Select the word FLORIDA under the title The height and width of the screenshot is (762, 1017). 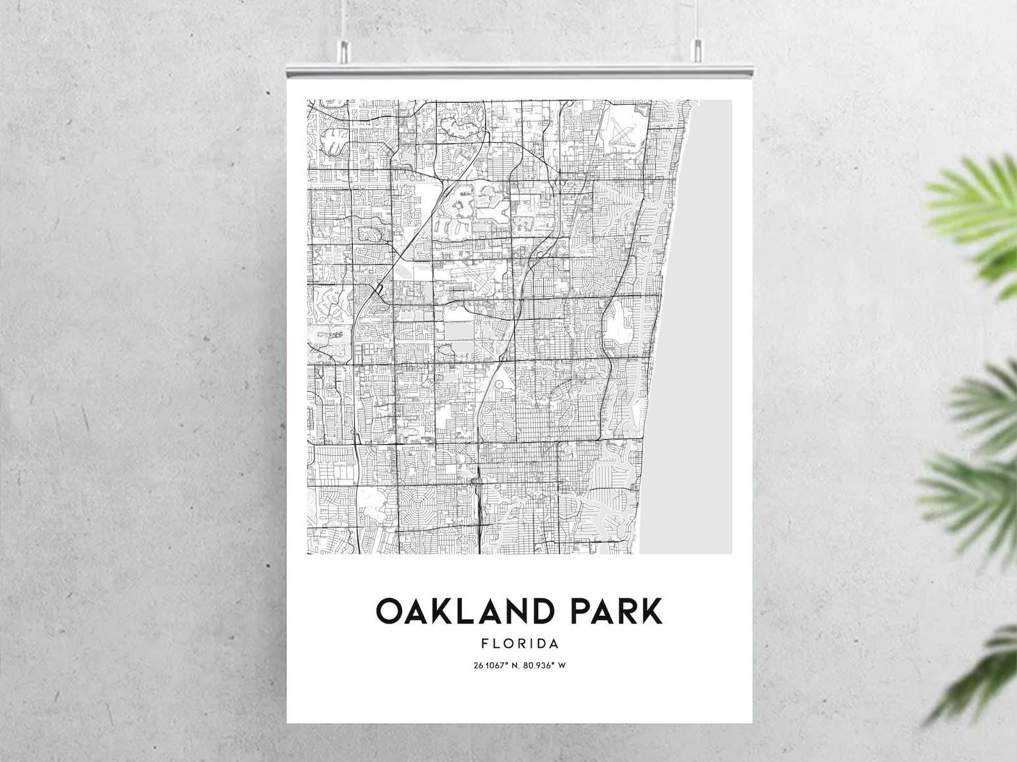[x=519, y=643]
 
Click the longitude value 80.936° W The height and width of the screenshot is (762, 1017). [x=544, y=665]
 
